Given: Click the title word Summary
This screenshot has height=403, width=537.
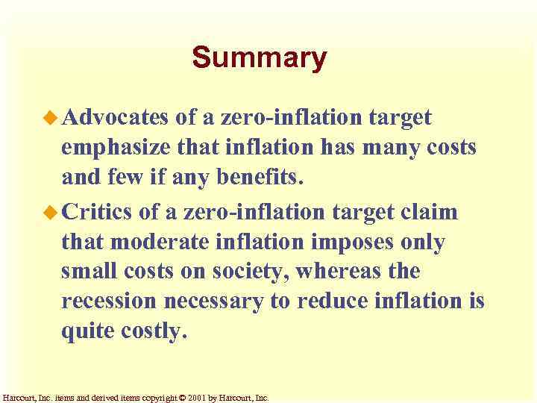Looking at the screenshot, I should (x=259, y=58).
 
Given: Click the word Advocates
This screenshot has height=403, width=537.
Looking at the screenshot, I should (x=116, y=117).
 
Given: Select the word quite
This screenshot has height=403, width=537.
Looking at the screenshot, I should (x=87, y=331).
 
